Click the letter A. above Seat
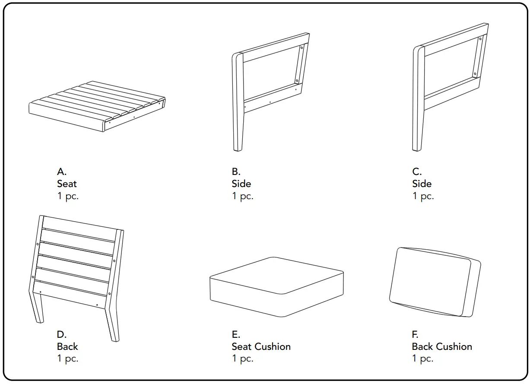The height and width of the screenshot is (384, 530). (62, 171)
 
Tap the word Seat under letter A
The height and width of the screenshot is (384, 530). (67, 184)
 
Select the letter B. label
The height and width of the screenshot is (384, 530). (236, 171)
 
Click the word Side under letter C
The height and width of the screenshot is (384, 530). (422, 184)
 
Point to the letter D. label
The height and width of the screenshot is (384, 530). (62, 334)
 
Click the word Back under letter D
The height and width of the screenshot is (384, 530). (67, 346)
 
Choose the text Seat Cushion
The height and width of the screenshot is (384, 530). (261, 346)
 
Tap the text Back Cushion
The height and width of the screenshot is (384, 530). (442, 346)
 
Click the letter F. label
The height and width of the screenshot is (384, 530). (415, 334)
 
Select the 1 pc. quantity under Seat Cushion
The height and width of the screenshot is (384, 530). (242, 359)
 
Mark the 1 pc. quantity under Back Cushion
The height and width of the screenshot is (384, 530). (422, 359)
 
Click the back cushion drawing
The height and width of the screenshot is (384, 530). (434, 283)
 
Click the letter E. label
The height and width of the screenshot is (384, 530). (236, 334)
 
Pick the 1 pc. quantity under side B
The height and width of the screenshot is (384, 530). (242, 196)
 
